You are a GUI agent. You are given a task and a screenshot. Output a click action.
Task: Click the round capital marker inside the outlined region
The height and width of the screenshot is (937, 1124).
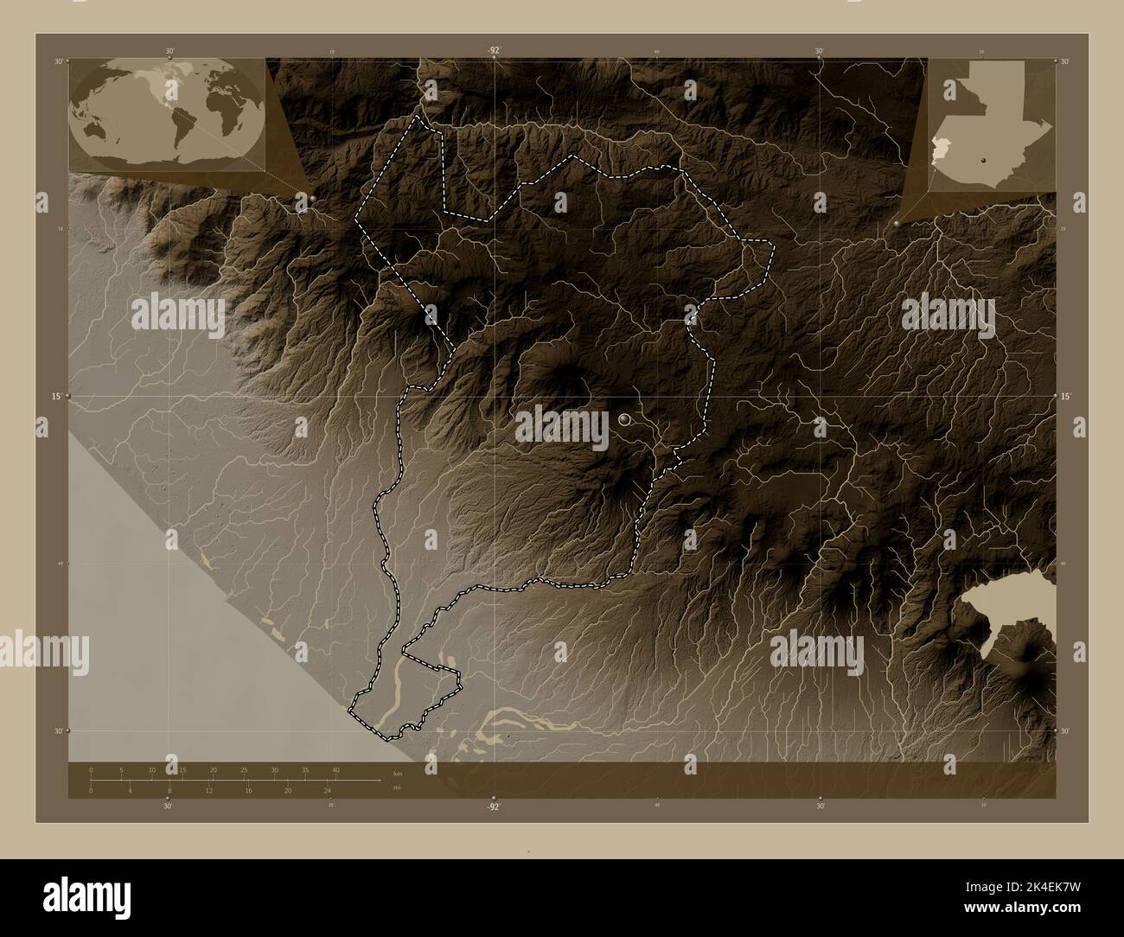coord(625,419)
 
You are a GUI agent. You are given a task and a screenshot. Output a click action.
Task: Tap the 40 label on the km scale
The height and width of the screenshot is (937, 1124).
coord(335,769)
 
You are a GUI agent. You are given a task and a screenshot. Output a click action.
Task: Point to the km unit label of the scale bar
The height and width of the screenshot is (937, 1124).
coord(397,773)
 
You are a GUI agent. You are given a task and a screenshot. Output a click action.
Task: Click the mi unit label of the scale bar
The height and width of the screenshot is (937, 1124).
coord(396,787)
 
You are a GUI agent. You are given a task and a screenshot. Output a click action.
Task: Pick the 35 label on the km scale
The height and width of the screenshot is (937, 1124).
coord(305,769)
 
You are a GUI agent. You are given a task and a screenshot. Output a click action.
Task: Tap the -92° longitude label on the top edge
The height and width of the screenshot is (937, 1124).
coord(493,51)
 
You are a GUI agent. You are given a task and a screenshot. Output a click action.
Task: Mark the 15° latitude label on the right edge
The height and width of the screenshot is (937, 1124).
coord(1065,396)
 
